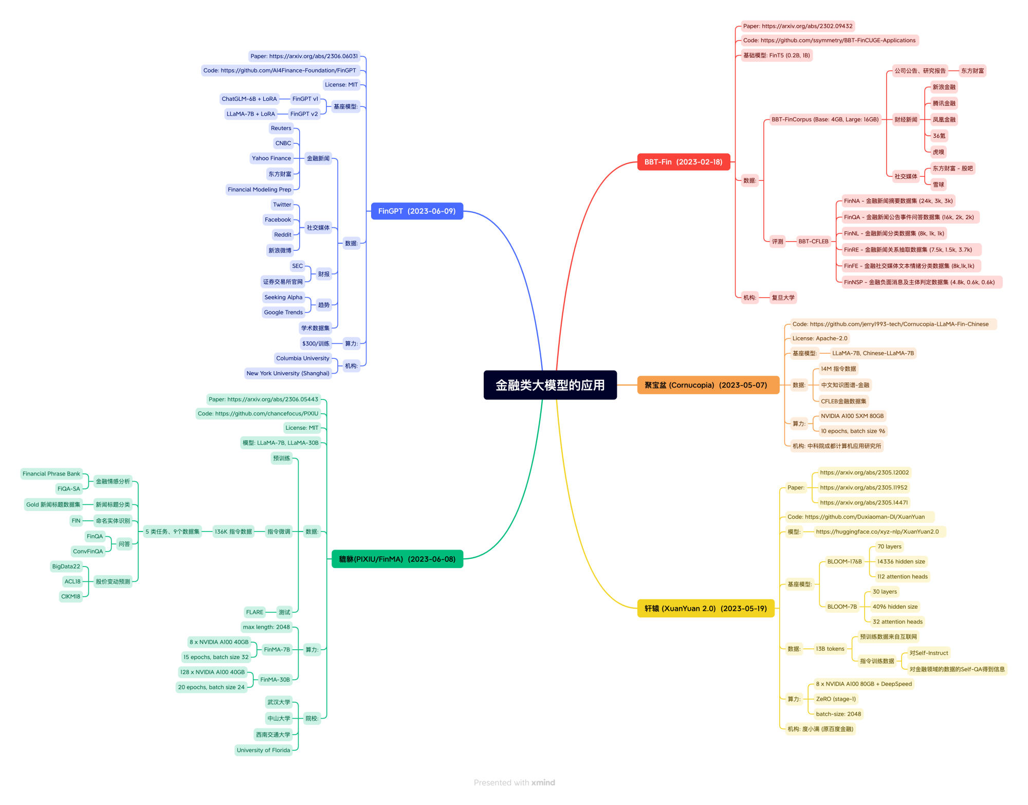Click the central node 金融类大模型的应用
(x=550, y=385)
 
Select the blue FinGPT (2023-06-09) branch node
(x=417, y=211)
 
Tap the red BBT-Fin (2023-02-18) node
(x=683, y=162)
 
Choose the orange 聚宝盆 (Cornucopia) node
(x=708, y=385)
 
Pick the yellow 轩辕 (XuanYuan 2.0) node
(x=705, y=609)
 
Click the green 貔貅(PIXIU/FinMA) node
(x=397, y=559)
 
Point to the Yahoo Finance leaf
(x=271, y=158)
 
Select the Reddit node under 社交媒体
(x=283, y=235)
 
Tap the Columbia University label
(x=303, y=358)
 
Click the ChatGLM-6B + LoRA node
(x=249, y=99)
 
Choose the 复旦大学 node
(x=783, y=298)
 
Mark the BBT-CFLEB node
(x=813, y=242)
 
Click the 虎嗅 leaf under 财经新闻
(x=939, y=152)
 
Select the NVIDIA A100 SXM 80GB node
(x=852, y=416)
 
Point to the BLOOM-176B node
(x=845, y=562)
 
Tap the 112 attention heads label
(x=903, y=577)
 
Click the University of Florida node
(x=263, y=751)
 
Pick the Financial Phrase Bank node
(x=51, y=474)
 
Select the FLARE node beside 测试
(x=254, y=612)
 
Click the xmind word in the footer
(x=543, y=783)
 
